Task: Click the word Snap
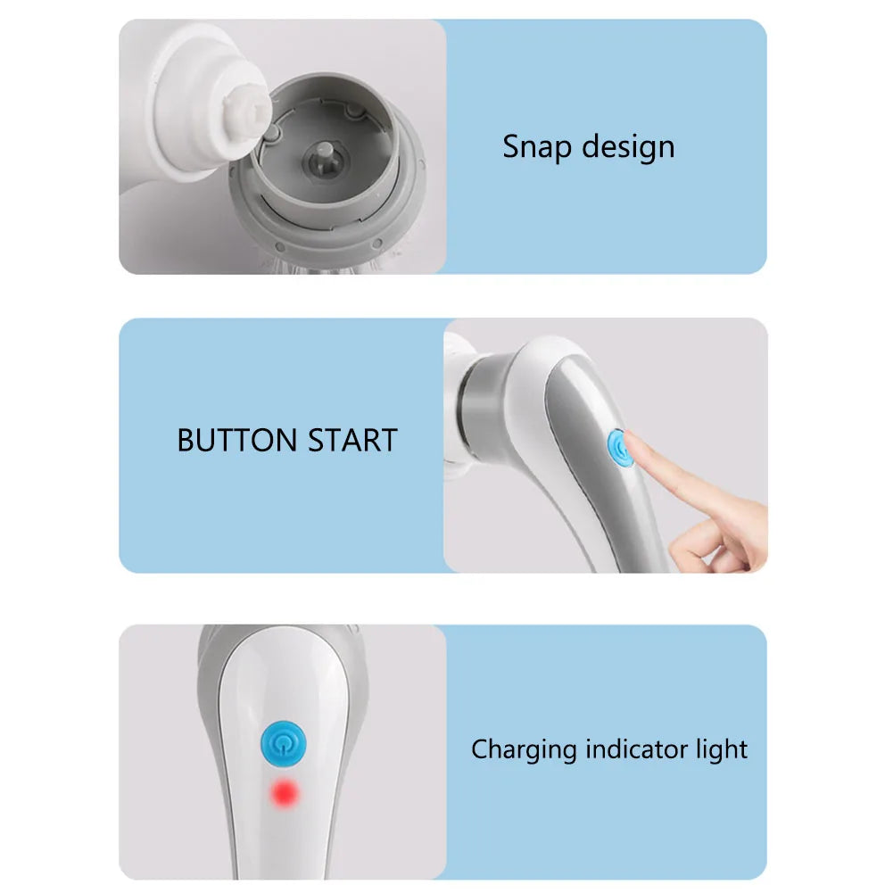click(x=533, y=145)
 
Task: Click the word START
click(x=352, y=441)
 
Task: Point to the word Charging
click(x=525, y=749)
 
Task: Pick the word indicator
click(x=636, y=749)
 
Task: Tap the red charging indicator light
click(x=285, y=791)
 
